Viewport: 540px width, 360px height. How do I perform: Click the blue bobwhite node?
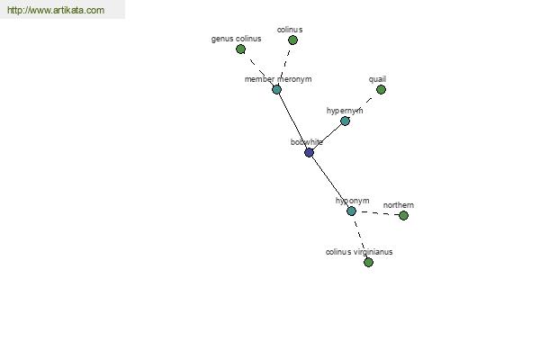click(x=309, y=152)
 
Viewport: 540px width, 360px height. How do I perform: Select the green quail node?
click(x=381, y=90)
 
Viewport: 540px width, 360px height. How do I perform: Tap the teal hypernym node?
click(x=345, y=121)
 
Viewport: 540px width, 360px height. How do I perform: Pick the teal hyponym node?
click(x=351, y=211)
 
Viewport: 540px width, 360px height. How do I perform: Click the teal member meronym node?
click(x=276, y=90)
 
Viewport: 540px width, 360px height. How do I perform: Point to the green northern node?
click(x=403, y=215)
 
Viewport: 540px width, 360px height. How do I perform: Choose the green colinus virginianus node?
click(x=368, y=262)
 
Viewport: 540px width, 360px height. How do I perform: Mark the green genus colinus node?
click(x=240, y=49)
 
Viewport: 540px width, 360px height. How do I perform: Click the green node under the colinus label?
click(x=292, y=40)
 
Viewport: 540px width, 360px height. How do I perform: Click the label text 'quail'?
click(x=377, y=79)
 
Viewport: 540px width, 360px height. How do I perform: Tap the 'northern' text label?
click(x=399, y=205)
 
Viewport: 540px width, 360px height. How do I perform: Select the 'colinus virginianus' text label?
click(x=359, y=252)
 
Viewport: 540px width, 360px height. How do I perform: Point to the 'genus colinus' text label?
click(x=236, y=39)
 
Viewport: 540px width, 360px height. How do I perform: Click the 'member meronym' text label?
click(x=278, y=79)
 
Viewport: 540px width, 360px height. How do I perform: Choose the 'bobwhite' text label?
click(x=307, y=142)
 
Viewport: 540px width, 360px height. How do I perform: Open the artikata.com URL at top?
click(x=56, y=10)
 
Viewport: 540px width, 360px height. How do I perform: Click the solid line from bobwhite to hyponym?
click(x=330, y=182)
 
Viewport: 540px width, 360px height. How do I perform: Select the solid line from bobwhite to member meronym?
click(x=292, y=121)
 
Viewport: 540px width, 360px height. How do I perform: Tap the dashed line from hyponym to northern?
click(x=377, y=213)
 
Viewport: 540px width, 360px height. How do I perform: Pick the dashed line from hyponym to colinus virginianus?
click(x=359, y=237)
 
